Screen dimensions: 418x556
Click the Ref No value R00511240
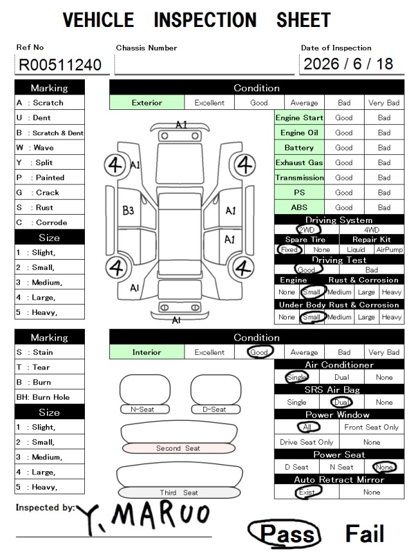[x=60, y=65]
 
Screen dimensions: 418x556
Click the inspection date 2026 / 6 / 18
[x=348, y=64]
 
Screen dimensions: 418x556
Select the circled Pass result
[x=284, y=533]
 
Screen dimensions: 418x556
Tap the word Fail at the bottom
[x=365, y=534]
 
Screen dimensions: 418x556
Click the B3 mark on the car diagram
[x=128, y=211]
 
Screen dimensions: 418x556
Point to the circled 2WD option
[x=307, y=229]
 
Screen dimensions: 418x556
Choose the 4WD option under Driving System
[x=372, y=229]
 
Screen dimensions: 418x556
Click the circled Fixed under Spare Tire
[x=289, y=249]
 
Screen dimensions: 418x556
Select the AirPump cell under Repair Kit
[x=389, y=249]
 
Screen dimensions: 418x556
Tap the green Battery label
[x=299, y=147]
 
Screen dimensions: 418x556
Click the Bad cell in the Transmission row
[x=385, y=177]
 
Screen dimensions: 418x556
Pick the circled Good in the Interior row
[x=259, y=352]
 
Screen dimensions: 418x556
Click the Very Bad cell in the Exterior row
[x=384, y=103]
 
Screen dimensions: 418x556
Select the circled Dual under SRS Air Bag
[x=341, y=402]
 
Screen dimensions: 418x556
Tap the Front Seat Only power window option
[x=372, y=427]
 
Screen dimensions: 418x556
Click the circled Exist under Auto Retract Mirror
[x=307, y=492]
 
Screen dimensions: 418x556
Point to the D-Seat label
[x=214, y=409]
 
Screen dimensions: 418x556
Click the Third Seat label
[x=179, y=492]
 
